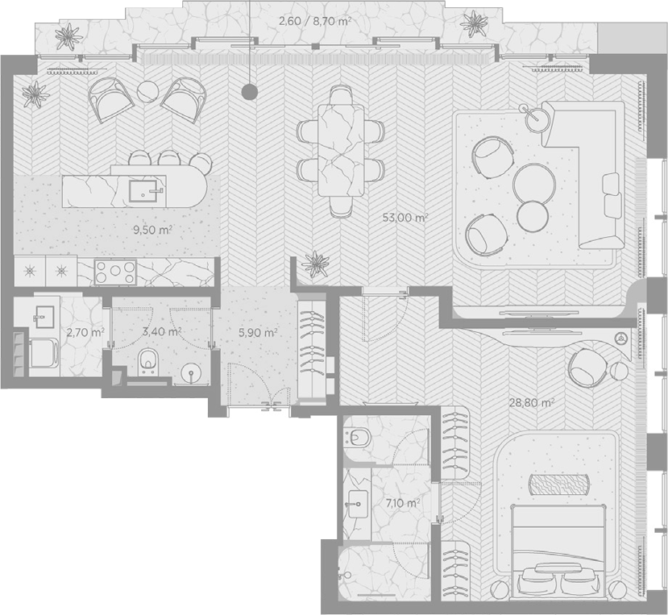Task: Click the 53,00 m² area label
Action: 405,218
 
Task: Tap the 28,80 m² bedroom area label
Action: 532,402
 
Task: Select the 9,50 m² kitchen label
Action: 152,231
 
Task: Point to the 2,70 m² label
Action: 85,332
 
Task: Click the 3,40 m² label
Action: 162,331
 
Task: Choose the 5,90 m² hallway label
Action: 258,333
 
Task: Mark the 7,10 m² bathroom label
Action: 403,503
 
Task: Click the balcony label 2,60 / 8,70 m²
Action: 315,21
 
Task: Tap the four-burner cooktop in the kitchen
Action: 115,272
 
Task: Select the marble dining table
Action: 341,150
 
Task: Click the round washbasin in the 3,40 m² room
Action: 192,374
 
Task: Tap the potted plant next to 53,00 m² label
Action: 315,264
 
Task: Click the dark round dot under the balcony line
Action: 249,91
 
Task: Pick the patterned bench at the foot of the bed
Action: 559,484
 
